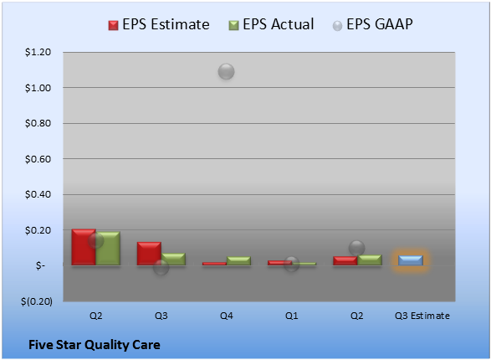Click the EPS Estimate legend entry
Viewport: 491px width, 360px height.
coord(159,24)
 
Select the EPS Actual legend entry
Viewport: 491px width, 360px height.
coord(271,24)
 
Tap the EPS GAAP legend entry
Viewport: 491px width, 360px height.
coord(372,24)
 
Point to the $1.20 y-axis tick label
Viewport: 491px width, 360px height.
coord(38,52)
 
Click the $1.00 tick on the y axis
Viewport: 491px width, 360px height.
coord(38,88)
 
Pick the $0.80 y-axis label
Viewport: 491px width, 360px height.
coord(38,123)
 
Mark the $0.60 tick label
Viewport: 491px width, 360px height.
coord(38,159)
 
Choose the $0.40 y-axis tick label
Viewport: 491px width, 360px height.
coord(38,194)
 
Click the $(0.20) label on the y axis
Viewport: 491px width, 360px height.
coord(37,301)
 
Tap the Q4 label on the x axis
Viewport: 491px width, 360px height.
coord(227,316)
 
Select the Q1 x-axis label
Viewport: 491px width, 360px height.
coord(292,316)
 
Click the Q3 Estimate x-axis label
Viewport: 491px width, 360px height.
coord(422,316)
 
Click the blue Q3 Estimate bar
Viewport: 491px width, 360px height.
coord(411,260)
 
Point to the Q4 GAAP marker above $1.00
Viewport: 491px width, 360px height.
coord(227,71)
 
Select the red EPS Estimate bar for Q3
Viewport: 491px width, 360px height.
coord(149,254)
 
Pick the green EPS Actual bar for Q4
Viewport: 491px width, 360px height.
coord(238,261)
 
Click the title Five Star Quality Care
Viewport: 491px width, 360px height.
coord(95,345)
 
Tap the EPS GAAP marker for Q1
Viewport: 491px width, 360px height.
coord(292,264)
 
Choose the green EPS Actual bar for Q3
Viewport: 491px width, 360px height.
coord(173,260)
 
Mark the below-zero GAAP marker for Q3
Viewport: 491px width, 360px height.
coord(161,268)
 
